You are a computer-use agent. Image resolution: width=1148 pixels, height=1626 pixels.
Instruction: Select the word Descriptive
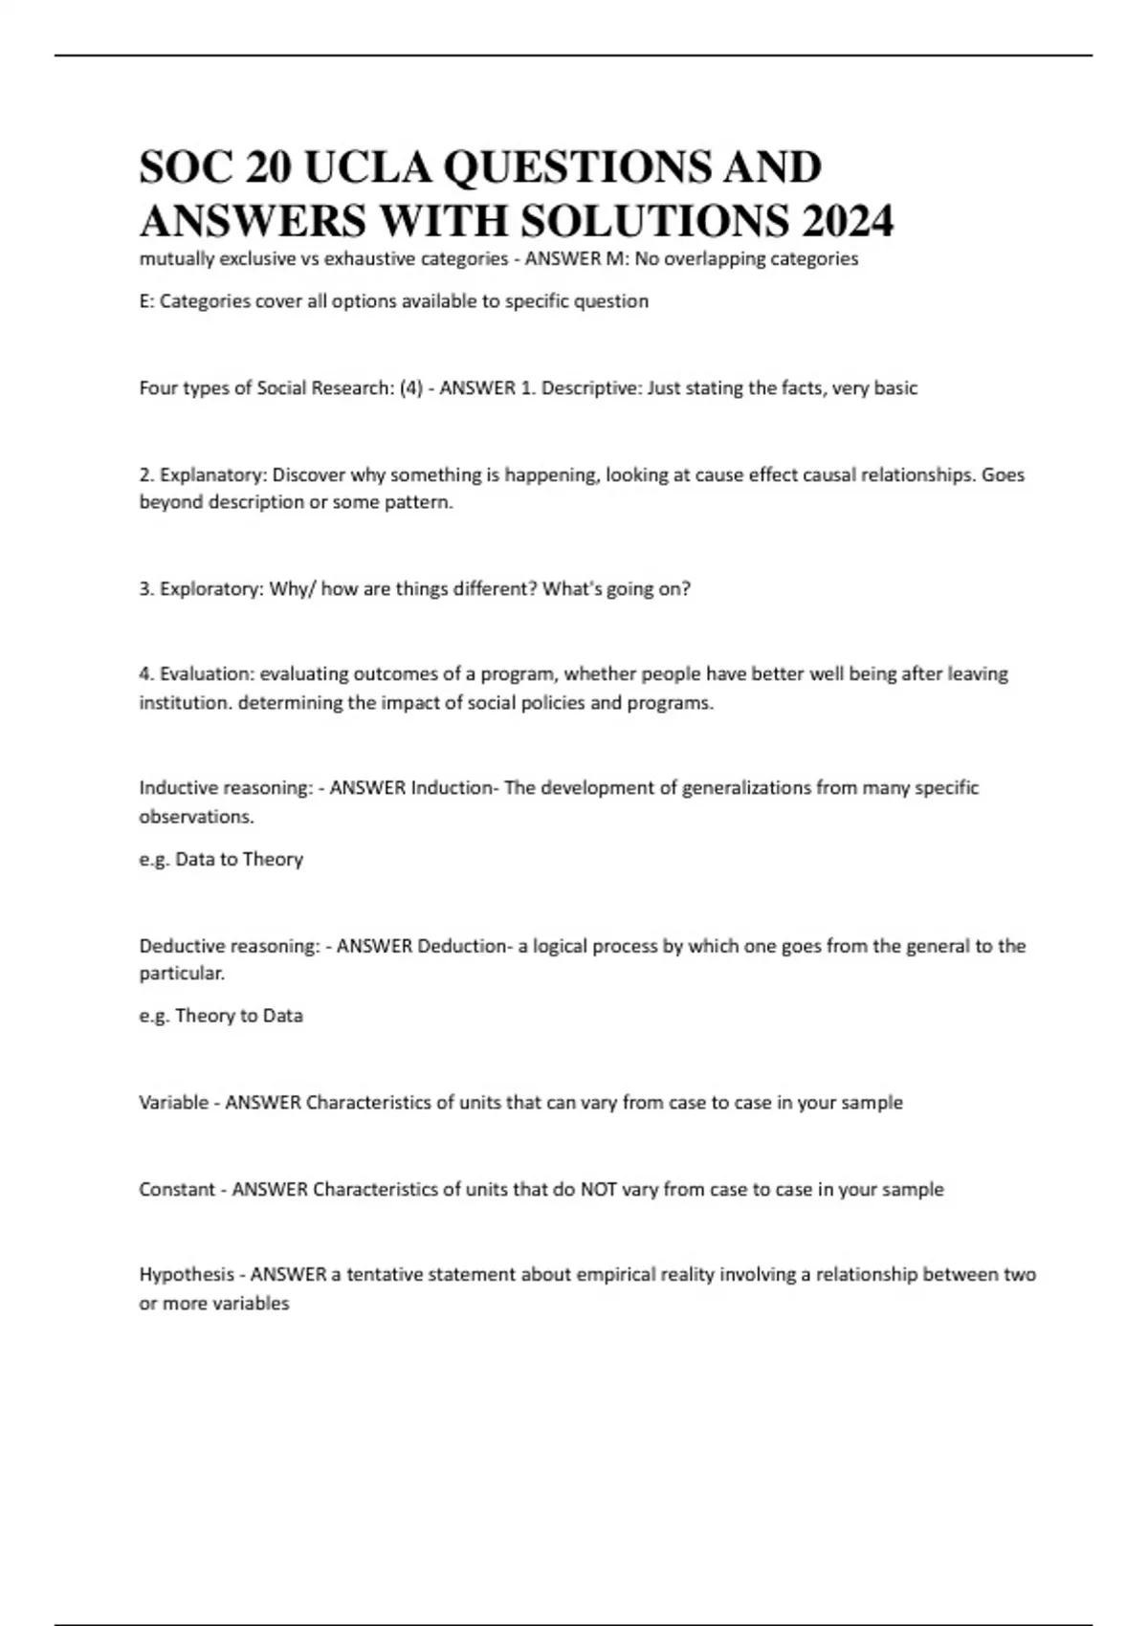591,388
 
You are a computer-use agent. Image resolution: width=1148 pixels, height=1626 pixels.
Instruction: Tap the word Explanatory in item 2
213,474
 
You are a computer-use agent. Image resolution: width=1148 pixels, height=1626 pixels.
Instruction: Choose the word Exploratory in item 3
211,589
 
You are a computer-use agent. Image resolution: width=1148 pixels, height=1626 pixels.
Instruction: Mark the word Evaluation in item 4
206,674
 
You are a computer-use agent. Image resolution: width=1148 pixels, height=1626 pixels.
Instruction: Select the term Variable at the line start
173,1103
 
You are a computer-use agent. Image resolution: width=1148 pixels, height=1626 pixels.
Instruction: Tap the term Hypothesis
187,1275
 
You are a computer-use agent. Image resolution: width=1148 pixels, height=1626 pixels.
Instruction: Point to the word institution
185,703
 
